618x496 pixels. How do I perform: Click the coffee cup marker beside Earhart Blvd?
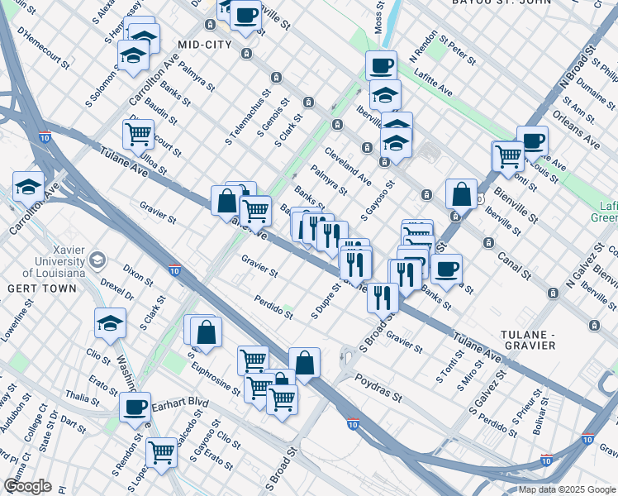point(135,406)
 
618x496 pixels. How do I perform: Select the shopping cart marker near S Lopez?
point(161,451)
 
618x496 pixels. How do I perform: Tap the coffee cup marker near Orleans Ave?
point(532,140)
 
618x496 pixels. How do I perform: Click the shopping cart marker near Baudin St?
point(138,131)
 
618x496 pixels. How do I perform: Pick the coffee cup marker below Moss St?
point(381,64)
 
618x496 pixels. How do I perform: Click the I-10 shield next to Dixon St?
point(174,269)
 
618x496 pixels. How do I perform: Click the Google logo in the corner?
point(27,486)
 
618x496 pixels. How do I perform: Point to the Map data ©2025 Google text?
point(566,489)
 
